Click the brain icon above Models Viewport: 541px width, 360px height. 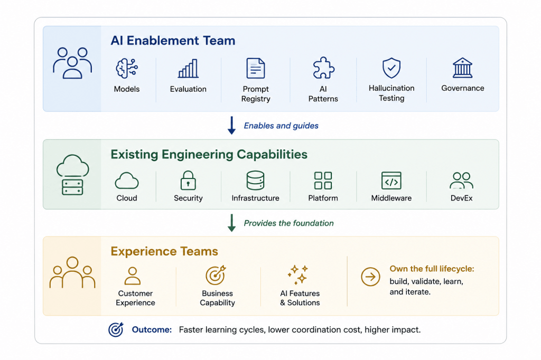(127, 68)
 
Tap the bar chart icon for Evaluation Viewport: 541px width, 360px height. (188, 68)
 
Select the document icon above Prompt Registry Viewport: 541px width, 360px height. (256, 68)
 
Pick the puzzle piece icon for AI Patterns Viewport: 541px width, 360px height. (323, 68)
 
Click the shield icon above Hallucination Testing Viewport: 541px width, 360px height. (391, 68)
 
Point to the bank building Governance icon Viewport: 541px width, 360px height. (462, 68)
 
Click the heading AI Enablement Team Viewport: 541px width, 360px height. (173, 41)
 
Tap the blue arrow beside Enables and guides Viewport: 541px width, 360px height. (231, 125)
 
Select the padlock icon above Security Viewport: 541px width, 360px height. (188, 181)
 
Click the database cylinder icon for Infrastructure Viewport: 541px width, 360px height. (255, 181)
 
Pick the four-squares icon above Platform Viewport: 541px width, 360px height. (323, 181)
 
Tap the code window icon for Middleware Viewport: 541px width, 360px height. (391, 181)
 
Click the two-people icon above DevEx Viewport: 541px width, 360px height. (461, 181)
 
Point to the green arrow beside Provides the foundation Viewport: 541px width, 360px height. (231, 223)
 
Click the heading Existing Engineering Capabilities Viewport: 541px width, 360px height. (209, 155)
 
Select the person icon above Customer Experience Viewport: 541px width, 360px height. (133, 276)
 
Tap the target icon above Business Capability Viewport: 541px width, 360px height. (216, 275)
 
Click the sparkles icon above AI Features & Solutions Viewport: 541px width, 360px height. (298, 274)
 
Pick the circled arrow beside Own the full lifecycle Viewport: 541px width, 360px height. (370, 277)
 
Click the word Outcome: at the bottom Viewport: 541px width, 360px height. (152, 330)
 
